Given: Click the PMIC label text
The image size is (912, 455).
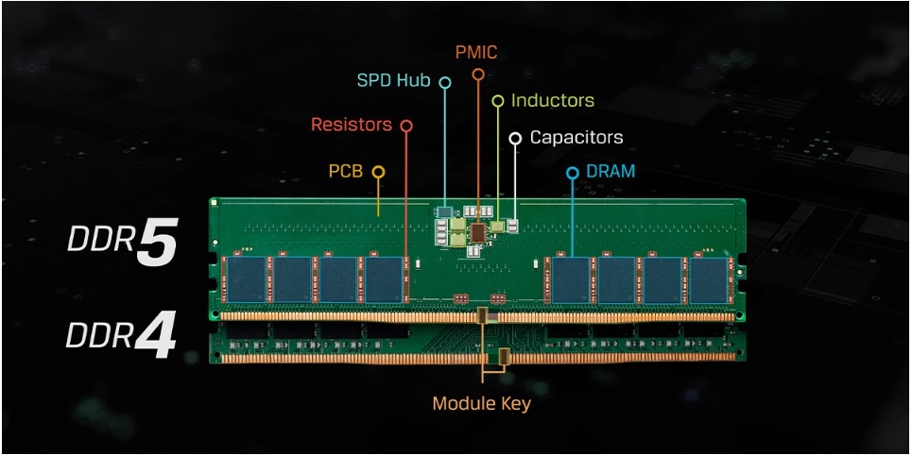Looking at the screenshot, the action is pos(476,53).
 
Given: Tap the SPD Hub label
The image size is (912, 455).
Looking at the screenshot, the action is pos(394,79).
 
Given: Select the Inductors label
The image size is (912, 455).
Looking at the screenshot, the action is pos(553,100).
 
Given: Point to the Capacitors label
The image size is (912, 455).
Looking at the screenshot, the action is pos(576,137).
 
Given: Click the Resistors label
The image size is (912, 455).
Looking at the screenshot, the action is pos(352,125).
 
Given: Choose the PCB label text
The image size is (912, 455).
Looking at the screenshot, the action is pos(346,171).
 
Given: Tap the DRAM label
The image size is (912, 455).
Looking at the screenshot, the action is pos(611,172).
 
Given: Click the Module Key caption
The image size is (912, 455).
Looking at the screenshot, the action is pos(482,403).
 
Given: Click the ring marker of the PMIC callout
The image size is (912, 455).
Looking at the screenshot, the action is pos(478,74).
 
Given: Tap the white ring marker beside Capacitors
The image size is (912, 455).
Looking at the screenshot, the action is pos(515,139).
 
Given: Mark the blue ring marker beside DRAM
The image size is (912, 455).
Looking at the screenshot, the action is pos(573,173).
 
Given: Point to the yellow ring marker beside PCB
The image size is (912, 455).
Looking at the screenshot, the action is pos(378,172).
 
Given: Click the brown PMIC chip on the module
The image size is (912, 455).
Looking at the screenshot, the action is pos(478,232).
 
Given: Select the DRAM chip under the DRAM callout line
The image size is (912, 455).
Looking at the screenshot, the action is pos(571,279).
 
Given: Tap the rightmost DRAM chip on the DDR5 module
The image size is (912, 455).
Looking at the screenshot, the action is pos(709,279).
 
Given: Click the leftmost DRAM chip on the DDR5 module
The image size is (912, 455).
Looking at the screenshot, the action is pos(247,279).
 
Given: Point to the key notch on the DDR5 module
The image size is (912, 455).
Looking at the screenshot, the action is pos(483,315).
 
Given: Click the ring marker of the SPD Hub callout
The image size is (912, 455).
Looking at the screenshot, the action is pos(445,82).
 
